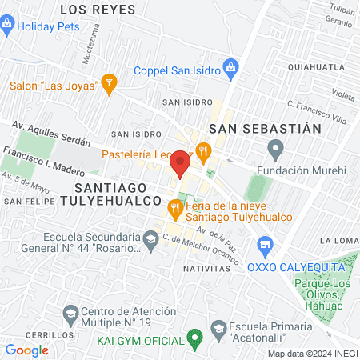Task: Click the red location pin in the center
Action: click(180, 164)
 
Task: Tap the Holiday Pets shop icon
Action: click(8, 26)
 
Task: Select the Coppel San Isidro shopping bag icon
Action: click(231, 67)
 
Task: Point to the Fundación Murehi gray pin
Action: click(276, 147)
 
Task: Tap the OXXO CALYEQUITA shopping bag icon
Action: click(266, 244)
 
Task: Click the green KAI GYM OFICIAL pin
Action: click(192, 338)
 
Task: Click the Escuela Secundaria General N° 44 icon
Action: click(150, 238)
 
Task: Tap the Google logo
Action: click(27, 350)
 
